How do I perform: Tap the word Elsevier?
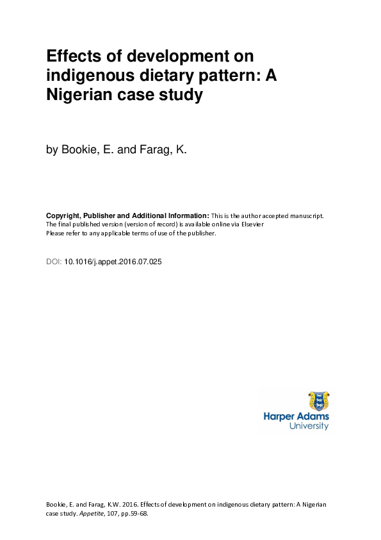tap(251, 224)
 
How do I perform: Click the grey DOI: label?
tap(54, 262)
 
